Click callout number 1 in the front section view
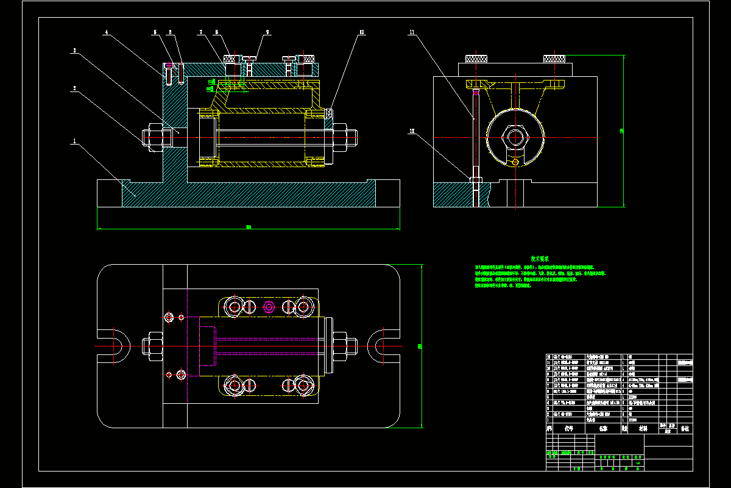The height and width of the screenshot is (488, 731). tap(74, 142)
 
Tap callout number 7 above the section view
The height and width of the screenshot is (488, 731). tap(199, 32)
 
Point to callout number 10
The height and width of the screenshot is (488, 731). tap(361, 32)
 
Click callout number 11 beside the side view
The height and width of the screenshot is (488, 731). tap(412, 32)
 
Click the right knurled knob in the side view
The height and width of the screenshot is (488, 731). tap(555, 59)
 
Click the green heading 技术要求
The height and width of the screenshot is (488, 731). tap(541, 259)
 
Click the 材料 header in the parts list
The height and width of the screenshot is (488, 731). tap(643, 428)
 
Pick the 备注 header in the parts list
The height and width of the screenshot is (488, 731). tap(685, 428)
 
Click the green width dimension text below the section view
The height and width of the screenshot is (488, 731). tap(249, 228)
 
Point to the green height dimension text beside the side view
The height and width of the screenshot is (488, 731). tap(621, 130)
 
